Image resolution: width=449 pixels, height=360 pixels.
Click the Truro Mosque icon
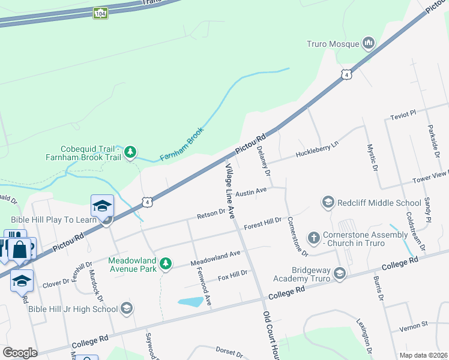(x=368, y=43)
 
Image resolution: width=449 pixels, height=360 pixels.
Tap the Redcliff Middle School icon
(x=328, y=203)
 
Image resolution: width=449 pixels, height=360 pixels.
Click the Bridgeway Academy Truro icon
(x=340, y=274)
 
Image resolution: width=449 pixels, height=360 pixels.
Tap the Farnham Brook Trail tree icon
(x=130, y=153)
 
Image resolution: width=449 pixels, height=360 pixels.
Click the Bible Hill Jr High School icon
(x=126, y=308)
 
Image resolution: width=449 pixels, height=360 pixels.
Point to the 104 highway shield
(x=100, y=13)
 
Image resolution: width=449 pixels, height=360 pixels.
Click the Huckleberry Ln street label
(x=317, y=151)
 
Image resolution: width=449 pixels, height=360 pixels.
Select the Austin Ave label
(x=251, y=192)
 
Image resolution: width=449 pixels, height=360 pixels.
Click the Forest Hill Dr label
(x=263, y=224)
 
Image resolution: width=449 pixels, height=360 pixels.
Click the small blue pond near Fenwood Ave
(x=190, y=301)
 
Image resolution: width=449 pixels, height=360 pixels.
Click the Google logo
(x=19, y=353)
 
